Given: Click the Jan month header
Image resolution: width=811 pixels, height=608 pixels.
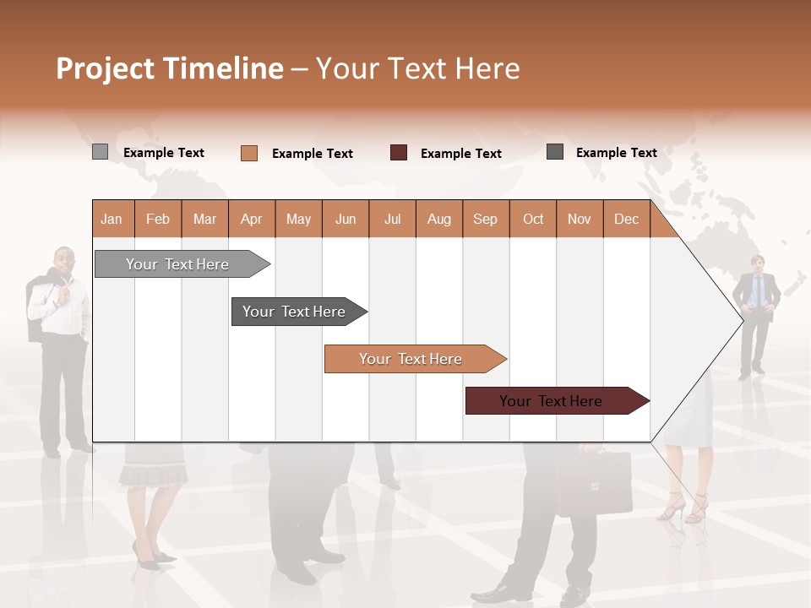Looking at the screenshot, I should coord(112,219).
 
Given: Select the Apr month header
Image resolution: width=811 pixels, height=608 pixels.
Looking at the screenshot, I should coord(251,219).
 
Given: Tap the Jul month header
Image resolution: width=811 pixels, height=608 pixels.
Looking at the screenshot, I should coord(392,219).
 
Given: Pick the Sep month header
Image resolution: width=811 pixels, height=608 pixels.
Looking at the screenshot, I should coord(485,219).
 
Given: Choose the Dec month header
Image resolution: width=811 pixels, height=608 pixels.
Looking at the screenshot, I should coord(626,219).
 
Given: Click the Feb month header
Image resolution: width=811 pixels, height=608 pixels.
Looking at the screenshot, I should coord(158,219).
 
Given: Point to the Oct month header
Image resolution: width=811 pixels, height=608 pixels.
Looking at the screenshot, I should coord(533,219).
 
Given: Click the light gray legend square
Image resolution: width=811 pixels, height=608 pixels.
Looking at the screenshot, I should coord(100,152).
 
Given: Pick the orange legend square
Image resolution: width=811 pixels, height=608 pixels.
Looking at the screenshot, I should coord(249,153).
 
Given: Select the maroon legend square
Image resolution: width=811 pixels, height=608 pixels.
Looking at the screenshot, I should coord(399,153).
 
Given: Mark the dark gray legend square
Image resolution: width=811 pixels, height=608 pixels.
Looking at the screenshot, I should coord(555,152).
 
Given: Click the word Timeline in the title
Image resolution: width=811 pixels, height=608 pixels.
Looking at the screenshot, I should coord(223,68).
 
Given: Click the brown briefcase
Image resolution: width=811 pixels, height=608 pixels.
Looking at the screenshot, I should coord(593,483).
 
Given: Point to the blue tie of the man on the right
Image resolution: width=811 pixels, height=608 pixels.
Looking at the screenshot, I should coord(757,291).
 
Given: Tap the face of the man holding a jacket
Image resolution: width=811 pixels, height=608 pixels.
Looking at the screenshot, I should coord(63,261).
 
